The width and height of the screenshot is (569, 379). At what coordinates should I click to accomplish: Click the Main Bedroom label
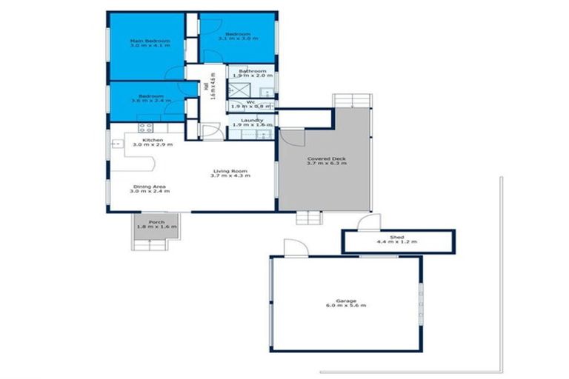point(150,41)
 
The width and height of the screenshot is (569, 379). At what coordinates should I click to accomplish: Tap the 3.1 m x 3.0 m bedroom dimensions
point(239,41)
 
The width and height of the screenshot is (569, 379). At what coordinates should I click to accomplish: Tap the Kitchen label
point(153,140)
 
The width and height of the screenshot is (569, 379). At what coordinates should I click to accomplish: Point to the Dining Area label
point(149,187)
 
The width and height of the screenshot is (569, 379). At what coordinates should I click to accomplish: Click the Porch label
point(156,222)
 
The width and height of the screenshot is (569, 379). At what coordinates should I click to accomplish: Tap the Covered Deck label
point(326,158)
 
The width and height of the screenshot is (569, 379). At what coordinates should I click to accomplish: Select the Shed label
point(397,237)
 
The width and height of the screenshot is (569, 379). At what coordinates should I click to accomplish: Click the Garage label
point(345,301)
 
